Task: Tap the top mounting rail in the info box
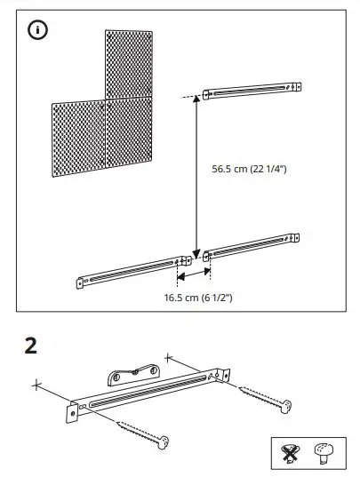254,91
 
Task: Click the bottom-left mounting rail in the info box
133,272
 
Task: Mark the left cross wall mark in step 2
36,385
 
